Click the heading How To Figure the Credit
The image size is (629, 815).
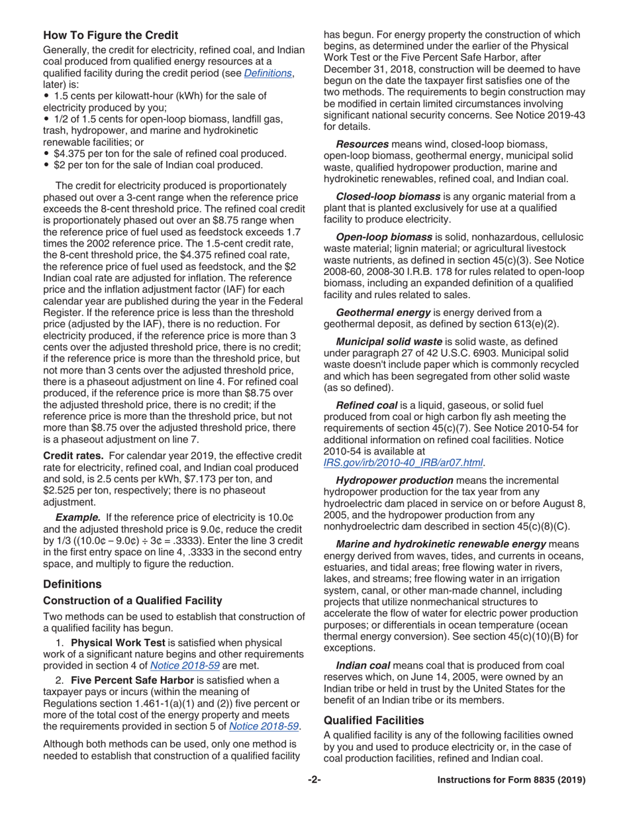[110, 34]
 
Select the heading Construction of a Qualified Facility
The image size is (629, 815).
[132, 600]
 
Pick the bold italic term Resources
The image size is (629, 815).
[362, 143]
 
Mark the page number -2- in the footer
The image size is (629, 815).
[314, 780]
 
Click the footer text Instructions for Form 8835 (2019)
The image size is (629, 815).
[512, 780]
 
